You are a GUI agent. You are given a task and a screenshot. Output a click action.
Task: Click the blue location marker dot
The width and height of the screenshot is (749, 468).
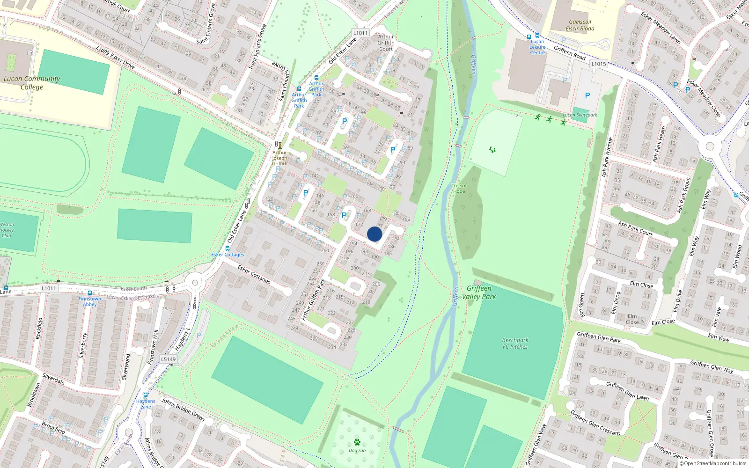pyautogui.click(x=374, y=234)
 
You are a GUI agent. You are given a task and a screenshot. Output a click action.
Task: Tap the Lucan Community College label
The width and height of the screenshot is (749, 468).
pyautogui.click(x=31, y=83)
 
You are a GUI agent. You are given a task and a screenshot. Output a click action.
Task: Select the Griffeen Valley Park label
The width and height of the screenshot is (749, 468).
pyautogui.click(x=479, y=292)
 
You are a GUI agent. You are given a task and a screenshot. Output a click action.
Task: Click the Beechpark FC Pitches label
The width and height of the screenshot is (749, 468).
pyautogui.click(x=515, y=344)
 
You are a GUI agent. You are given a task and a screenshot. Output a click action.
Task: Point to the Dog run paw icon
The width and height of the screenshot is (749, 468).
pyautogui.click(x=357, y=442)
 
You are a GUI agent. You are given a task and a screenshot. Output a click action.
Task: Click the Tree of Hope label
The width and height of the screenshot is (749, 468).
pyautogui.click(x=459, y=188)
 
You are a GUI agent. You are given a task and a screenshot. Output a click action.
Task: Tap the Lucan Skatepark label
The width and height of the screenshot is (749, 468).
pyautogui.click(x=580, y=115)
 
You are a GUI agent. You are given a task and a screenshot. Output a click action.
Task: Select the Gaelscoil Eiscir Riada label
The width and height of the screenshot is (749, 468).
pyautogui.click(x=580, y=25)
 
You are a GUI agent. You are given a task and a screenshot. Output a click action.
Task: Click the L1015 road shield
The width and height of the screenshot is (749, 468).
pyautogui.click(x=598, y=64)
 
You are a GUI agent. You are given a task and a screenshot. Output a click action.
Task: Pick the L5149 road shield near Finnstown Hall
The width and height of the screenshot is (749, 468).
pyautogui.click(x=169, y=359)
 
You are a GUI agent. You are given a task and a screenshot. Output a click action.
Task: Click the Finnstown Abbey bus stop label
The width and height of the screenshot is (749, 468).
pyautogui.click(x=90, y=301)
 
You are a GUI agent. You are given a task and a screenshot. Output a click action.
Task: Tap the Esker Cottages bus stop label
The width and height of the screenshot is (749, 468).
pyautogui.click(x=228, y=255)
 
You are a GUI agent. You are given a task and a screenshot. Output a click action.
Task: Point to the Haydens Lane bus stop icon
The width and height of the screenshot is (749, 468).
pyautogui.click(x=146, y=395)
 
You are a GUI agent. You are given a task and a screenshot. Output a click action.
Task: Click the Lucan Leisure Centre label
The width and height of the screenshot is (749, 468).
pyautogui.click(x=537, y=47)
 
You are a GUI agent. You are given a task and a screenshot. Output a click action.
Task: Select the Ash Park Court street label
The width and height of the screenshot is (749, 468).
pyautogui.click(x=635, y=228)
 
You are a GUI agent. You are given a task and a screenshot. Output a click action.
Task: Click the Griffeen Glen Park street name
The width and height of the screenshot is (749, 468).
pyautogui.click(x=599, y=337)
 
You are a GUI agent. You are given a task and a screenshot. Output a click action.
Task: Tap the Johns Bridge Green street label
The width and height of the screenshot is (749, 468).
pyautogui.click(x=183, y=409)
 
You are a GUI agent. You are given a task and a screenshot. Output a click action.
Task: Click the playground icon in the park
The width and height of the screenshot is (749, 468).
pyautogui.click(x=492, y=150)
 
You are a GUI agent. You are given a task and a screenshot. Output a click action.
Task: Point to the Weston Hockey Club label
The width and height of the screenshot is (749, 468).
pyautogui.click(x=7, y=230)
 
